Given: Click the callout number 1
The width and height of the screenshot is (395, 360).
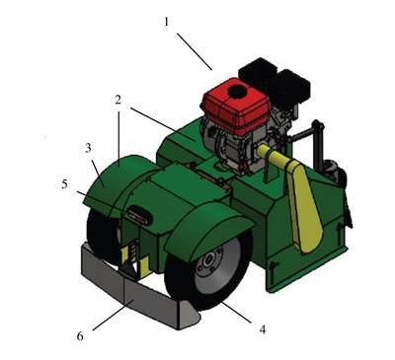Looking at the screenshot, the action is (167, 22).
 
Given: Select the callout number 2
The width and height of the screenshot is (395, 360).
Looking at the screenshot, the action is (118, 100).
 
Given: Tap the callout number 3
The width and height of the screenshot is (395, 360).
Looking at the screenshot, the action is (88, 148).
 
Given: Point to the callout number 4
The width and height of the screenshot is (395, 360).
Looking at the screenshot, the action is (263, 329).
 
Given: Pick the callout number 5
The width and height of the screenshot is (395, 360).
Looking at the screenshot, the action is (64, 184).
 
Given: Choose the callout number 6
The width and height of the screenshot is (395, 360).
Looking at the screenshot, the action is (80, 336).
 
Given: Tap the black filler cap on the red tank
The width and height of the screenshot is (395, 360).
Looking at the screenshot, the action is (237, 92).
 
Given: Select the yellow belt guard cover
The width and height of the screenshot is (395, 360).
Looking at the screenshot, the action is (301, 194).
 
